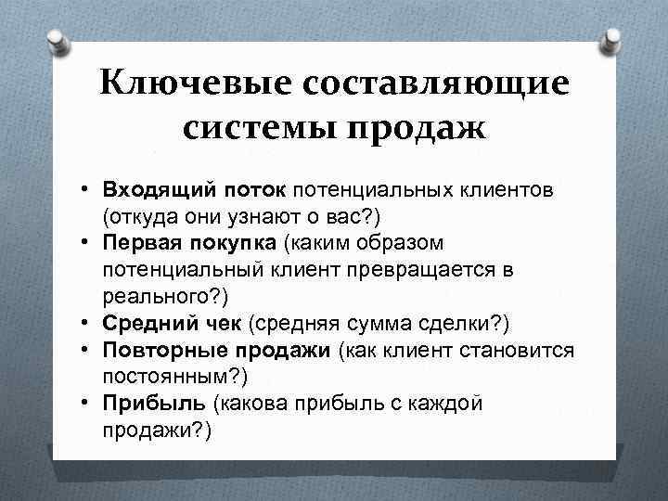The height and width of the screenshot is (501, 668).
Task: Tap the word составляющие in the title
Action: click(434, 86)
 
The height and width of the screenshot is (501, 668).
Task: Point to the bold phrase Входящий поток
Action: click(196, 190)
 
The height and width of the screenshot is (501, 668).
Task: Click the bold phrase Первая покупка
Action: click(190, 243)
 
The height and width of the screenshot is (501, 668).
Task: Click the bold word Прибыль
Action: click(154, 404)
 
